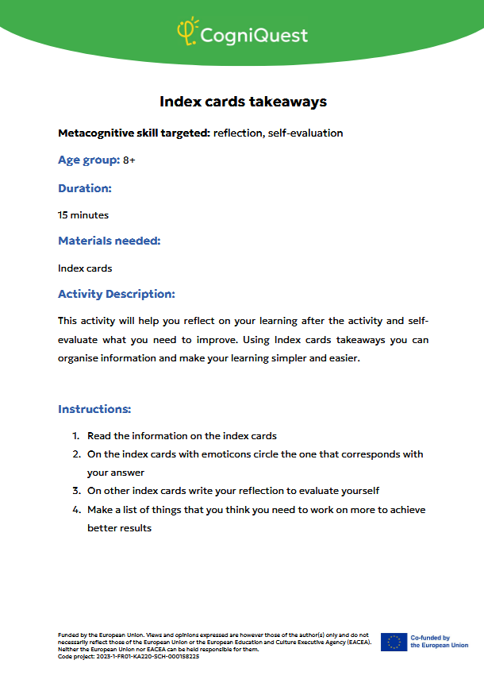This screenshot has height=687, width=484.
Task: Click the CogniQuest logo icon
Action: [x=186, y=33]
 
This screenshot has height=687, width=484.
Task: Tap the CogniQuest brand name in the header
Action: [x=254, y=36]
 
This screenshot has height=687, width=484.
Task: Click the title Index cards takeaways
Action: [x=243, y=102]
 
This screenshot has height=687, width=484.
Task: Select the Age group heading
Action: [x=88, y=160]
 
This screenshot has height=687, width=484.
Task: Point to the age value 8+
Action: [x=129, y=160]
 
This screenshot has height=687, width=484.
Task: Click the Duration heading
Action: [x=84, y=188]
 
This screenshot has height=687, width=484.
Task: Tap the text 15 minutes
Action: [x=83, y=215]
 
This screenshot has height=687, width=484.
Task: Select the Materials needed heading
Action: [x=109, y=241]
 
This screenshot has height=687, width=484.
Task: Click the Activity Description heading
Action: [x=116, y=294]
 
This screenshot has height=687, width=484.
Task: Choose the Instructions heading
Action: [x=94, y=409]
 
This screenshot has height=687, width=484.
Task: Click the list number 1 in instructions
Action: [x=76, y=436]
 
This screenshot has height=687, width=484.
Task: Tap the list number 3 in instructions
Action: [x=76, y=491]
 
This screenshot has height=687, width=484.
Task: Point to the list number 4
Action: [x=76, y=509]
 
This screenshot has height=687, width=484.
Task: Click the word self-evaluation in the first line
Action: [x=306, y=133]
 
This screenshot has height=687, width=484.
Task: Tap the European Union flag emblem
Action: [x=394, y=642]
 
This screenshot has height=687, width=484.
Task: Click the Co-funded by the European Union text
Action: [x=439, y=642]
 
